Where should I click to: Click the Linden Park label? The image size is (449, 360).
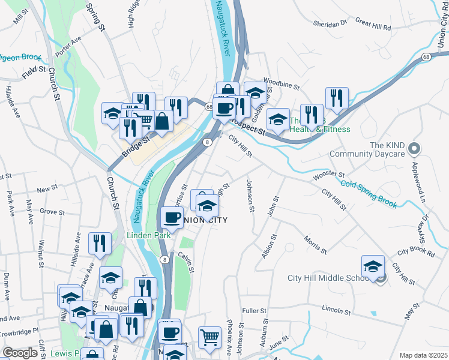click(148, 236)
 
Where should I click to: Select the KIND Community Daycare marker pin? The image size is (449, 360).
click(414, 148)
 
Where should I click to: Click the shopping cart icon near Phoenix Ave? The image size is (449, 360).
click(209, 337)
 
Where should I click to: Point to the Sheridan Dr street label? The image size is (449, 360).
click(330, 23)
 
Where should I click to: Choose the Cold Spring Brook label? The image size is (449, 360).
click(369, 194)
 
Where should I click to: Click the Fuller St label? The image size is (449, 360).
click(254, 311)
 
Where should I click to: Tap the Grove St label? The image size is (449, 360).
click(52, 212)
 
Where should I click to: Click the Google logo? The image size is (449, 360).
click(20, 353)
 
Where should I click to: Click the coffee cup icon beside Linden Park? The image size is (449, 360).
click(172, 217)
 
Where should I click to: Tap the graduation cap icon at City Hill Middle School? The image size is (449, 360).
click(373, 266)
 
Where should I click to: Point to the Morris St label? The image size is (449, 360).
click(315, 245)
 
